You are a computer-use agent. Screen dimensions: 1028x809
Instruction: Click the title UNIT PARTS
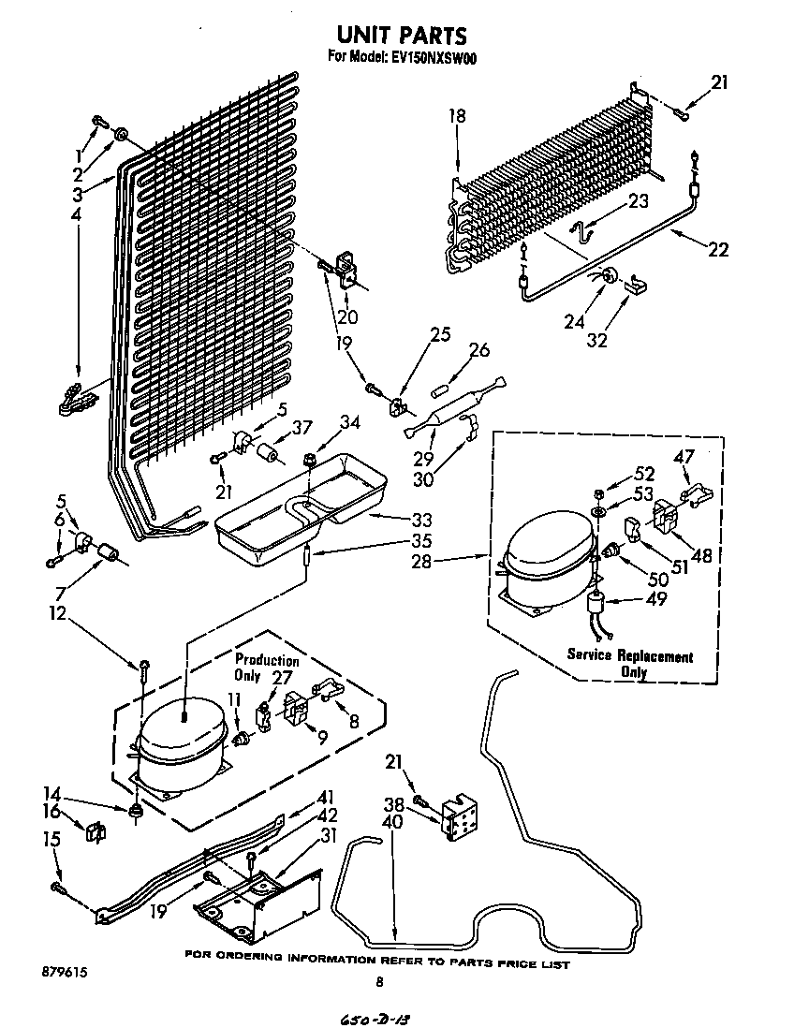[x=401, y=36]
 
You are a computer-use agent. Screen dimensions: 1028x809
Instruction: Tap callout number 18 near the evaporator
[x=456, y=116]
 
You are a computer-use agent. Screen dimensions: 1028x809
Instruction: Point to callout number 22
[x=718, y=250]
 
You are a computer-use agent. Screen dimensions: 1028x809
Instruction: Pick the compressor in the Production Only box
[x=182, y=741]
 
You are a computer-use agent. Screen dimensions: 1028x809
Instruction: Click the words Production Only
[x=266, y=668]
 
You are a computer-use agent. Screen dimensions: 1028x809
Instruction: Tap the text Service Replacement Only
[x=629, y=664]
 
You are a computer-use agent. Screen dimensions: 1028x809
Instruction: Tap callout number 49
[x=656, y=599]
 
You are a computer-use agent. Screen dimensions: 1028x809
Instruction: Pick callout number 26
[x=478, y=351]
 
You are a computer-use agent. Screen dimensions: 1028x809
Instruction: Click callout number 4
[x=76, y=214]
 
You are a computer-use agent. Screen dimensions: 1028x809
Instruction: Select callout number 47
[x=685, y=457]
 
